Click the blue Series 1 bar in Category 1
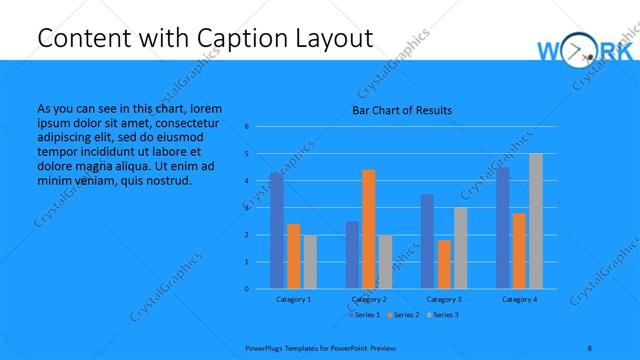(276, 231)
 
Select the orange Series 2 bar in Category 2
(368, 229)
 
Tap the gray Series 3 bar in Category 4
(535, 221)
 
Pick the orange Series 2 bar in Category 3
(443, 264)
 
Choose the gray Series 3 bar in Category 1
(309, 262)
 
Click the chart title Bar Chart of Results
(402, 110)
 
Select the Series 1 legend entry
(363, 315)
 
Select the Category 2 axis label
(368, 300)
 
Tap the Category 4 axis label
(519, 300)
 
